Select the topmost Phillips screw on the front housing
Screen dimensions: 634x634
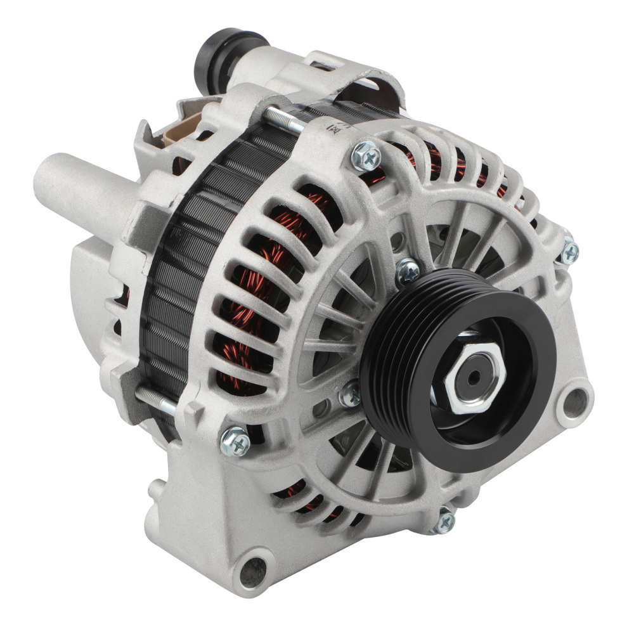pos(366,155)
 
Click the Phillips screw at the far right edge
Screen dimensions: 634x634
pos(569,252)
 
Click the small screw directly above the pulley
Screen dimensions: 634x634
pos(408,271)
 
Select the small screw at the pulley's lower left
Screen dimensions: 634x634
pos(349,395)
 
